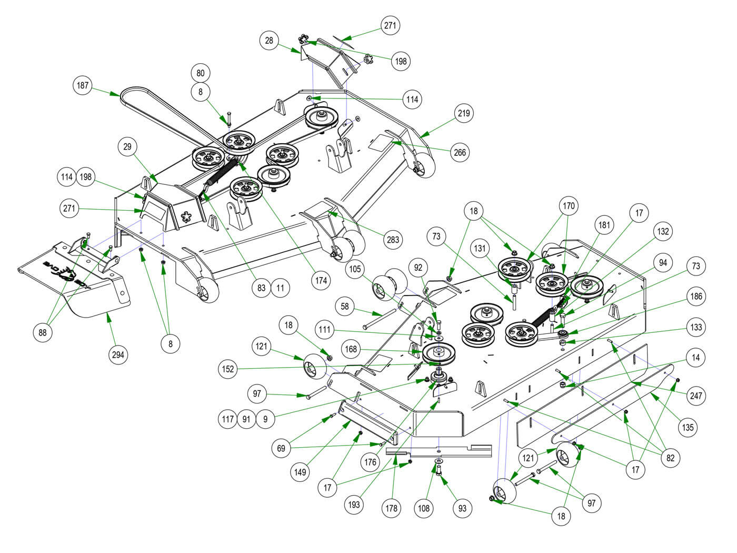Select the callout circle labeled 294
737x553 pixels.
coord(118,354)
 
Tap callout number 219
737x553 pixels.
coord(464,113)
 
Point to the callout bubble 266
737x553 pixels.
coord(460,152)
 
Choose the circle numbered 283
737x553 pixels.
coord(393,240)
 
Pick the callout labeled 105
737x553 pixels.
coord(355,270)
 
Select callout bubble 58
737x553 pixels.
coord(345,306)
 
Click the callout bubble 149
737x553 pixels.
coord(300,472)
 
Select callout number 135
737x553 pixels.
coord(688,427)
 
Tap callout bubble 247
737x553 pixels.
coord(696,395)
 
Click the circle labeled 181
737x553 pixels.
coord(605,225)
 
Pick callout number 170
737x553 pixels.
coord(569,206)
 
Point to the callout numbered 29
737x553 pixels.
coord(127,147)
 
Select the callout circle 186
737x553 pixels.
coord(696,297)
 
